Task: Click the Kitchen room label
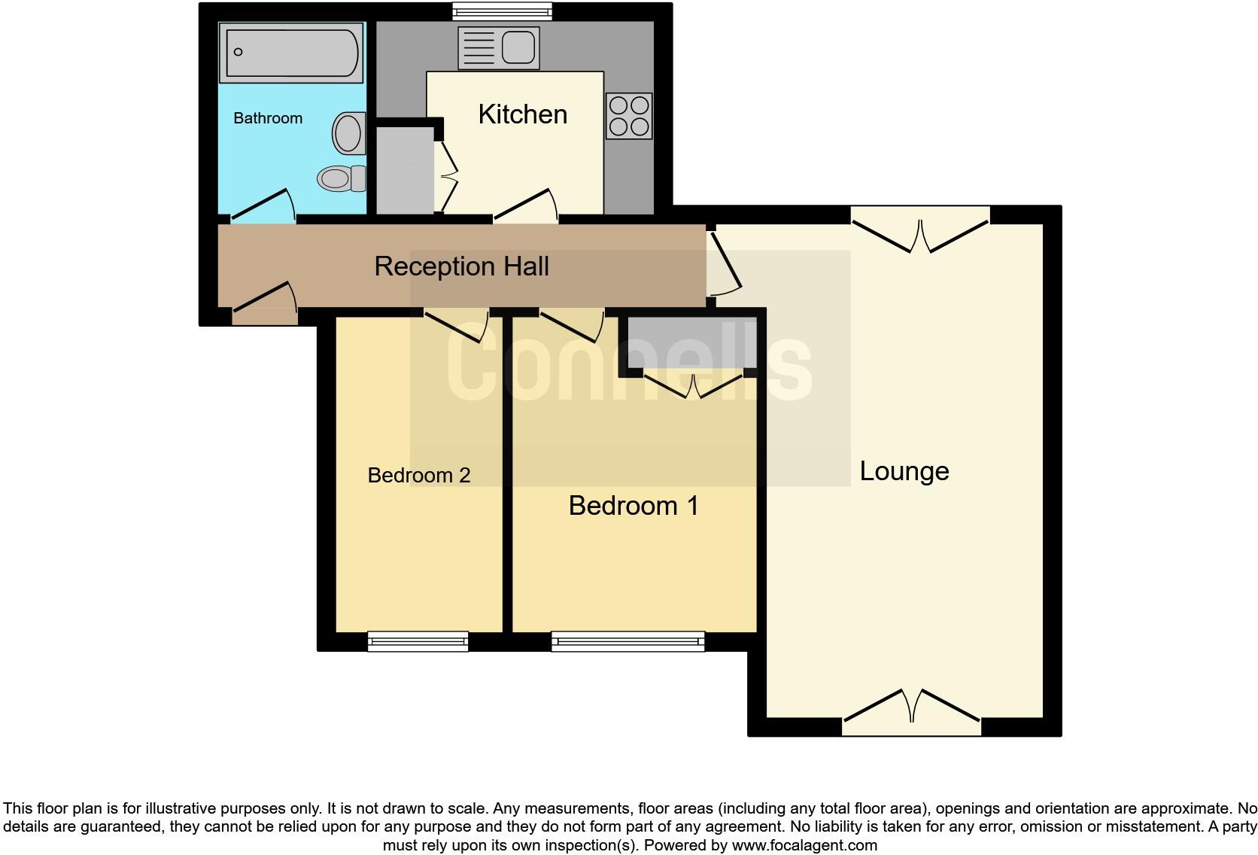coord(522,114)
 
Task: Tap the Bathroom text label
coord(268,118)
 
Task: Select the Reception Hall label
coord(461,266)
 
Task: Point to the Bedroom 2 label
coord(418,476)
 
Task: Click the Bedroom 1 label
coord(634,506)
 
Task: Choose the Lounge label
coord(904,471)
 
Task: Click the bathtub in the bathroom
coord(291,52)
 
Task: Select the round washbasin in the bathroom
coord(348,134)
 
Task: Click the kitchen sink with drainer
coord(498,47)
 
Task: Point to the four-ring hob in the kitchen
coord(629,116)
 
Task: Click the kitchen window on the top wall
coord(502,11)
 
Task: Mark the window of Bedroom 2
coord(418,641)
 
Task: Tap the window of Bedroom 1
coord(627,641)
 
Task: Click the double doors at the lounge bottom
coord(911,711)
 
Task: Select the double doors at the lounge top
coord(920,230)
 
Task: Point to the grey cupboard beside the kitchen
coord(405,172)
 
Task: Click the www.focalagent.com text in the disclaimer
coord(804,845)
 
